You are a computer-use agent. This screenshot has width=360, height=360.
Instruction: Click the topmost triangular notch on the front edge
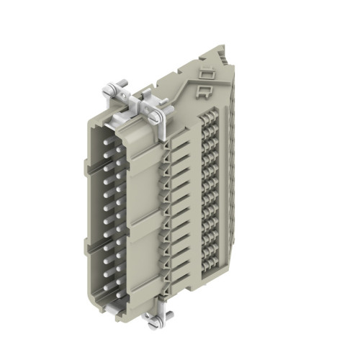(167, 144)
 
